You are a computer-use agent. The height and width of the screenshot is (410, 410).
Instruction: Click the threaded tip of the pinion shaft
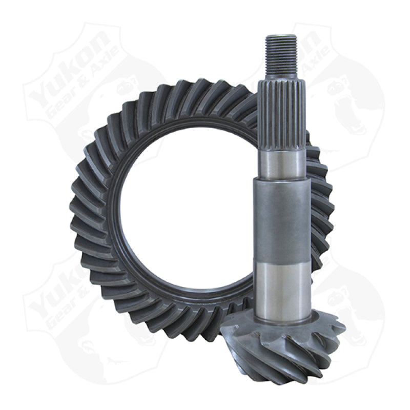[281, 54]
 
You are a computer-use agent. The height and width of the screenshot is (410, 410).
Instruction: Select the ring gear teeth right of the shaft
[320, 205]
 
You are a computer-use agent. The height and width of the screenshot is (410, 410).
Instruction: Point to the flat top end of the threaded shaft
[281, 36]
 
